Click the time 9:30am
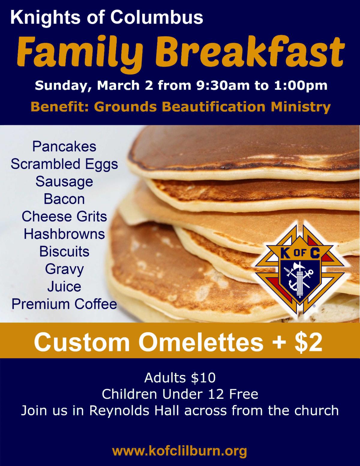[223, 85]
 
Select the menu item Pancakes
[64, 147]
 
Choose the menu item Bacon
[64, 199]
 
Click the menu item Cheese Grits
[64, 217]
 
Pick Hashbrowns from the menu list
[64, 234]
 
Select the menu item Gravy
[64, 270]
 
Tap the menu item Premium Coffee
[64, 304]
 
